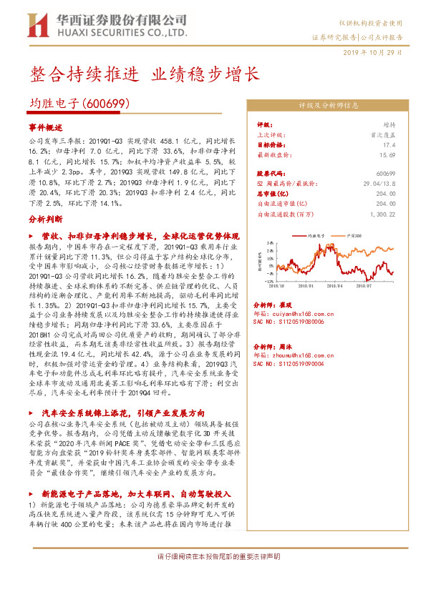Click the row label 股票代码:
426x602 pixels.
pos(272,174)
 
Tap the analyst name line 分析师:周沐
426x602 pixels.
pos(273,344)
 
